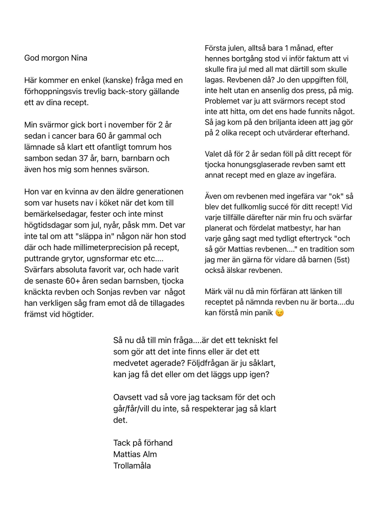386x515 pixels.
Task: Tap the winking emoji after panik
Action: pyautogui.click(x=280, y=313)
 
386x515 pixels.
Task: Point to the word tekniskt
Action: pyautogui.click(x=253, y=340)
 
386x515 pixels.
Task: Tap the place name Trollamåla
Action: pyautogui.click(x=132, y=465)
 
